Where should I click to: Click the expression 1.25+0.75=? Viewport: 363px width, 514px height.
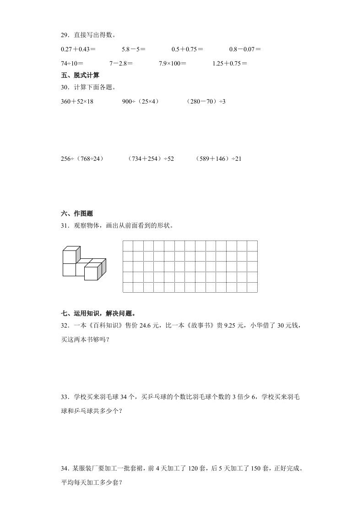coord(230,64)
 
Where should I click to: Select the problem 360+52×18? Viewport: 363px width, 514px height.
coord(77,101)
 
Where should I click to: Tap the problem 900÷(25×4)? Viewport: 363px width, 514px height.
coord(141,101)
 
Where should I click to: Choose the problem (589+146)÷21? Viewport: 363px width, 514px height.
coord(218,159)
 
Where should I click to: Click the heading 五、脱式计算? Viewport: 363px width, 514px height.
coord(80,75)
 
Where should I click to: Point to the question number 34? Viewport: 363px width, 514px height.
coord(64,469)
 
